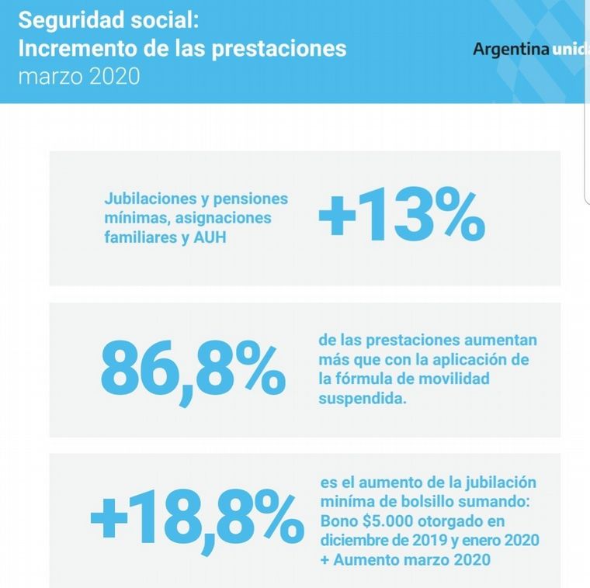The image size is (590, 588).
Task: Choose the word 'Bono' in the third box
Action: (x=338, y=521)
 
